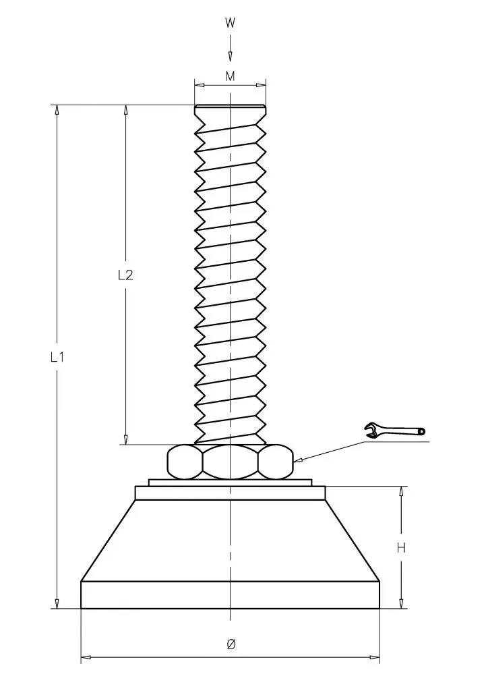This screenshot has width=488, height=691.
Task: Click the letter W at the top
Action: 230,23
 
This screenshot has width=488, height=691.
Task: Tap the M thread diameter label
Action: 231,76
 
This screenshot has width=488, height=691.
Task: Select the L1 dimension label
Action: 57,357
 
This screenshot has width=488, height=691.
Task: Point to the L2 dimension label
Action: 125,275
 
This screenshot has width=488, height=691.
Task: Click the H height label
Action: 401,548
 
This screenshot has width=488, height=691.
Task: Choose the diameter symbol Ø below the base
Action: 231,644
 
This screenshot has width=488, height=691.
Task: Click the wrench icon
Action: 395,430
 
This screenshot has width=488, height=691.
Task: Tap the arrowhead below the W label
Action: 230,57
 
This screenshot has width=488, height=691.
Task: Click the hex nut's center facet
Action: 230,462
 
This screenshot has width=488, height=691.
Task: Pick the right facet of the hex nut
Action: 276,462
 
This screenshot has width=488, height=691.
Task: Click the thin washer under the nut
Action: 230,482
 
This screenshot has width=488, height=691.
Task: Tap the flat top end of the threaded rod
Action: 230,106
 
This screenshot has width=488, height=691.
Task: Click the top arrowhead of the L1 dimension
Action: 57,110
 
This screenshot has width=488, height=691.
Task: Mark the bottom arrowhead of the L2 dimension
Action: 126,439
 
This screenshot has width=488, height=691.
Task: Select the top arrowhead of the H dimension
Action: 401,492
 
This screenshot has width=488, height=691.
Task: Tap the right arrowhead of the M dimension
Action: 260,84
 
